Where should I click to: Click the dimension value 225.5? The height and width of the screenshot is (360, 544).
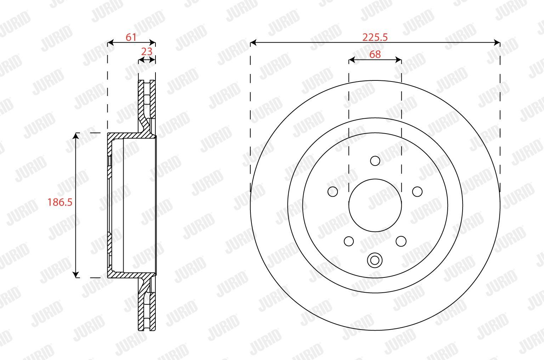click(375, 38)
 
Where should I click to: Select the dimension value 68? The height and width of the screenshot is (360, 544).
click(375, 55)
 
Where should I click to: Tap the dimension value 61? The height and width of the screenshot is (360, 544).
click(131, 37)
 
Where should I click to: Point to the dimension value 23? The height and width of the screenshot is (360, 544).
click(147, 51)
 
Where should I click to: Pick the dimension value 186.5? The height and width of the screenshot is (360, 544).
click(60, 202)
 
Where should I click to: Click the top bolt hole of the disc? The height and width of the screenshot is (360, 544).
click(375, 161)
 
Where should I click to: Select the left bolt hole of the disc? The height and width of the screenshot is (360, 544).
click(333, 192)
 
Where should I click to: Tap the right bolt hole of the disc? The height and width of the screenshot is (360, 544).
click(418, 192)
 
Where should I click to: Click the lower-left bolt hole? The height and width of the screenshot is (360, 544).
click(349, 241)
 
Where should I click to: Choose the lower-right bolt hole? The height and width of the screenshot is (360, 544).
click(401, 241)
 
